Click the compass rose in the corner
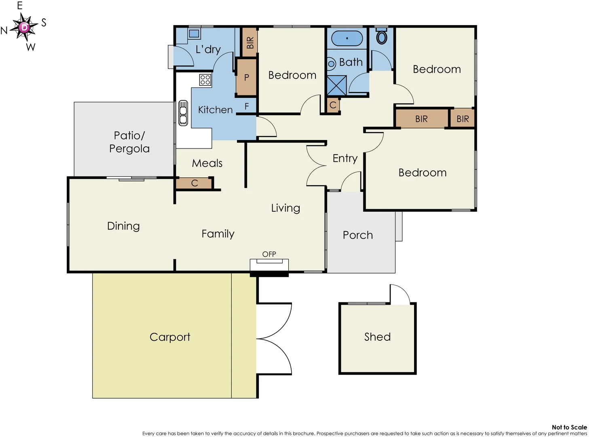pos(24,27)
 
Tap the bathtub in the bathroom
pos(347,38)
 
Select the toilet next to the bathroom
pos(381,37)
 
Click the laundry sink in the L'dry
pos(194,34)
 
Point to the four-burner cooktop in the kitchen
pos(205,79)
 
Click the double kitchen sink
pos(183,113)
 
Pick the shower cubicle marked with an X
pos(336,85)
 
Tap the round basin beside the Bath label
pos(331,64)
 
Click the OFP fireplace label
pos(269,254)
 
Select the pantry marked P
pos(247,77)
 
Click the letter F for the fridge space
pos(247,106)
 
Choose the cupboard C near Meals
pos(194,183)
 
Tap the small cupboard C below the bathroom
pos(333,105)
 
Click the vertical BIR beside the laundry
pos(250,42)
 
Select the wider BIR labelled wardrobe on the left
pos(421,119)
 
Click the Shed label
pos(377,337)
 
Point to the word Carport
pos(170,337)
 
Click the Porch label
pos(358,235)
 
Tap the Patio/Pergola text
pos(129,142)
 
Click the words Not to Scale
pos(569,427)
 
